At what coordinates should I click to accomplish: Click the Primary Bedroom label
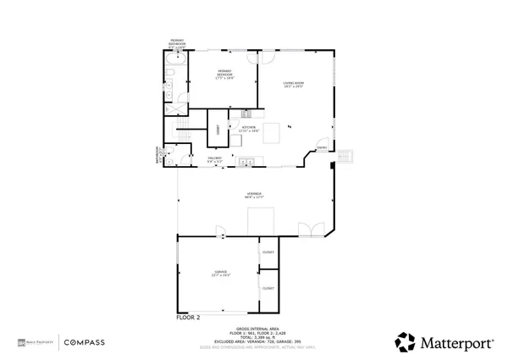pos(224,73)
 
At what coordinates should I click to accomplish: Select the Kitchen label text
pos(250,129)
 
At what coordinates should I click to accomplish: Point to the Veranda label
pos(253,196)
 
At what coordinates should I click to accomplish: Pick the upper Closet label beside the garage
pos(268,252)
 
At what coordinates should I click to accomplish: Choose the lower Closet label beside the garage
pos(268,289)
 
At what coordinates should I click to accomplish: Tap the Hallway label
pos(215,159)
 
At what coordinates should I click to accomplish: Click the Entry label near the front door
pos(322,149)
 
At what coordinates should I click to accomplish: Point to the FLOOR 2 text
pos(188,318)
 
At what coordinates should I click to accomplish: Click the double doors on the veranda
pos(309,229)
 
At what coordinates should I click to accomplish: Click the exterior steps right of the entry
pos(345,156)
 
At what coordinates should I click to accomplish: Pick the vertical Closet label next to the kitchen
pos(218,130)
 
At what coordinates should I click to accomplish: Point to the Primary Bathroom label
pos(176,44)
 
